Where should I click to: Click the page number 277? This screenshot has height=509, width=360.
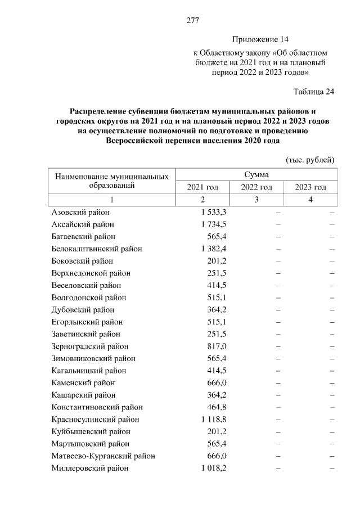pyautogui.click(x=193, y=21)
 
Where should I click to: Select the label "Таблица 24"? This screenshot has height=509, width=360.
pyautogui.click(x=314, y=92)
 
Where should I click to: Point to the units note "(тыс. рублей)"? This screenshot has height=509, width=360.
pyautogui.click(x=310, y=160)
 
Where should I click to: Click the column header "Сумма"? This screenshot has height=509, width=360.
pyautogui.click(x=256, y=175)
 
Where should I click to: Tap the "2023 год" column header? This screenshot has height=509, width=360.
pyautogui.click(x=310, y=187)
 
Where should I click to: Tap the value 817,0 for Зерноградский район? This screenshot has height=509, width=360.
pyautogui.click(x=217, y=346)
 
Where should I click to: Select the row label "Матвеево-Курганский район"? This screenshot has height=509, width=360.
pyautogui.click(x=103, y=456)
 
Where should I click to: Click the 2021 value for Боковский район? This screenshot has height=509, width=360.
pyautogui.click(x=217, y=261)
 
